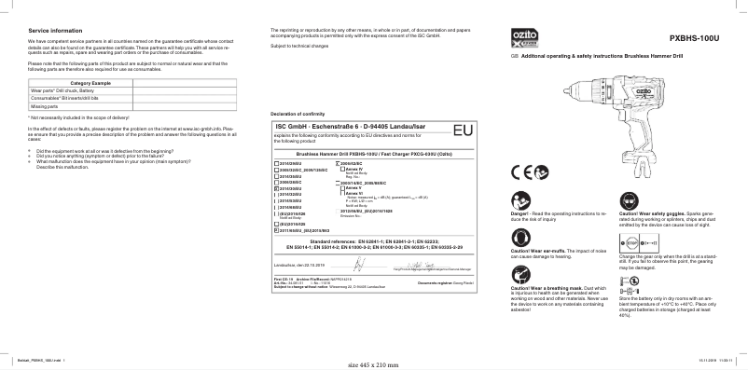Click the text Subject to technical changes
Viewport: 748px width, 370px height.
click(298, 46)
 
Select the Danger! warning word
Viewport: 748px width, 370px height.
click(521, 212)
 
